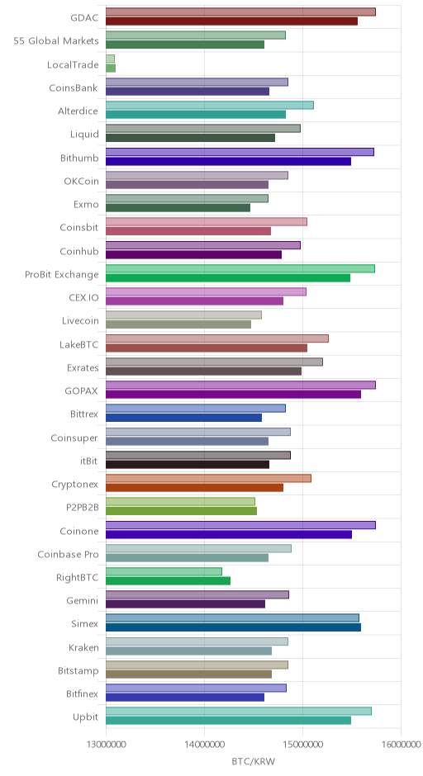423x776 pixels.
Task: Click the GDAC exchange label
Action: point(84,18)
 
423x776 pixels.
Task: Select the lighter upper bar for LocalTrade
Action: point(110,59)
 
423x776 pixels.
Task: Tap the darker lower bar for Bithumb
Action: point(228,161)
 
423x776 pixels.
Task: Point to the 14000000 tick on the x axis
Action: point(204,745)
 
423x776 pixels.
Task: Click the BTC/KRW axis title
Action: point(253,761)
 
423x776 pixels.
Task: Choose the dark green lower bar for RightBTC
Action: point(168,580)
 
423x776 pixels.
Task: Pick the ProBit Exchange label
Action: point(62,275)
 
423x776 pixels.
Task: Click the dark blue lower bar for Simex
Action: point(233,627)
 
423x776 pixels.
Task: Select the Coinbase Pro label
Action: point(69,554)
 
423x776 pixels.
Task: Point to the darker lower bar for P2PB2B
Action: point(181,511)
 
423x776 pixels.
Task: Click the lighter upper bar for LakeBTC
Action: point(217,338)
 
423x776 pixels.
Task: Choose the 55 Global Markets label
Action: point(56,41)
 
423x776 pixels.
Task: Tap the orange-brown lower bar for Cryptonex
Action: point(195,487)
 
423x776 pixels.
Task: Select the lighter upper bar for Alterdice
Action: point(210,105)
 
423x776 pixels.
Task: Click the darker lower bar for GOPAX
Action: point(233,395)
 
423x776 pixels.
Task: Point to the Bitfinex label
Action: point(83,694)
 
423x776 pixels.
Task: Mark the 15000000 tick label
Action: point(302,745)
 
